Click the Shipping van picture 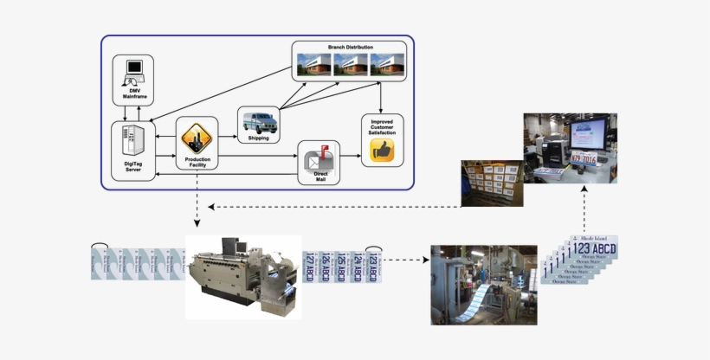259,120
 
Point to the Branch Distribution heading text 349,47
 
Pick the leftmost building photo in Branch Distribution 313,64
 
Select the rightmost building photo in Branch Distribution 386,64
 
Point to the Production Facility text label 197,164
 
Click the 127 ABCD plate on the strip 310,267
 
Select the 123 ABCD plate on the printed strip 372,267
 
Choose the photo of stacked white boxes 491,182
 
